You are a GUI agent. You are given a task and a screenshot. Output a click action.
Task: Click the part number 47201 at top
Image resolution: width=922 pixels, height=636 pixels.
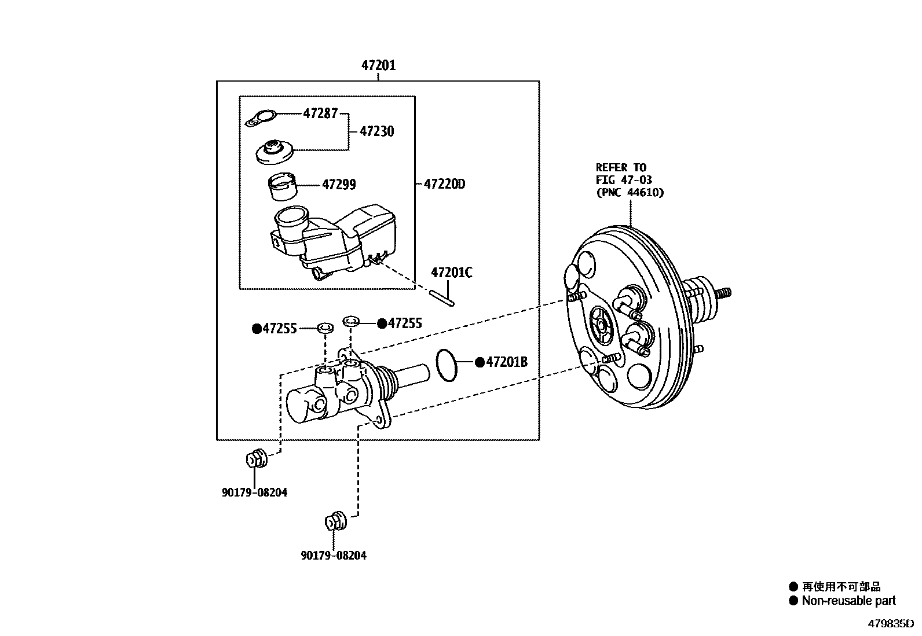[378, 65]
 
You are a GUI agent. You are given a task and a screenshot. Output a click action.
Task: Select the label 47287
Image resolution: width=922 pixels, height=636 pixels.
[320, 113]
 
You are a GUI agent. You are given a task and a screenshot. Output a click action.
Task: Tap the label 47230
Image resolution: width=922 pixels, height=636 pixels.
[376, 131]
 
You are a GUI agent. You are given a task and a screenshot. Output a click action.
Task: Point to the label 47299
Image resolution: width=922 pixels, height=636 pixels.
[339, 185]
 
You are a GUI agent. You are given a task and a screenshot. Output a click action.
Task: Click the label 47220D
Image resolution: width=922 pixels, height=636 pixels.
[444, 184]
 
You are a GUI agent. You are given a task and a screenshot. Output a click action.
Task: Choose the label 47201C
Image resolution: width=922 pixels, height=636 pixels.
[451, 272]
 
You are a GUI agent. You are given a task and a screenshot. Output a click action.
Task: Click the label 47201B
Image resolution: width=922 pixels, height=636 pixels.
[506, 362]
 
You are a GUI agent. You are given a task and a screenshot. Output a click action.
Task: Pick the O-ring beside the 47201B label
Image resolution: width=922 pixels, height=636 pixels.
[445, 366]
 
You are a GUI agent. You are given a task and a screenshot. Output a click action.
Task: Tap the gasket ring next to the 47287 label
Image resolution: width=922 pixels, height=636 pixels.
[261, 119]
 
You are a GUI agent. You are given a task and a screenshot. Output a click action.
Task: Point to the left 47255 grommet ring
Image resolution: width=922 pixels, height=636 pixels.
[325, 329]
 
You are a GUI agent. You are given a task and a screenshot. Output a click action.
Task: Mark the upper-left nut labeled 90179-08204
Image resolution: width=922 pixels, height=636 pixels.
[255, 459]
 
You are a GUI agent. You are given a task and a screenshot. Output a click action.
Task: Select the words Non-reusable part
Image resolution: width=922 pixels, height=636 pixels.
[848, 601]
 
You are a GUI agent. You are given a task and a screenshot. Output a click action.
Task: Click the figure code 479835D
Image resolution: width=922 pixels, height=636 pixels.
[890, 624]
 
